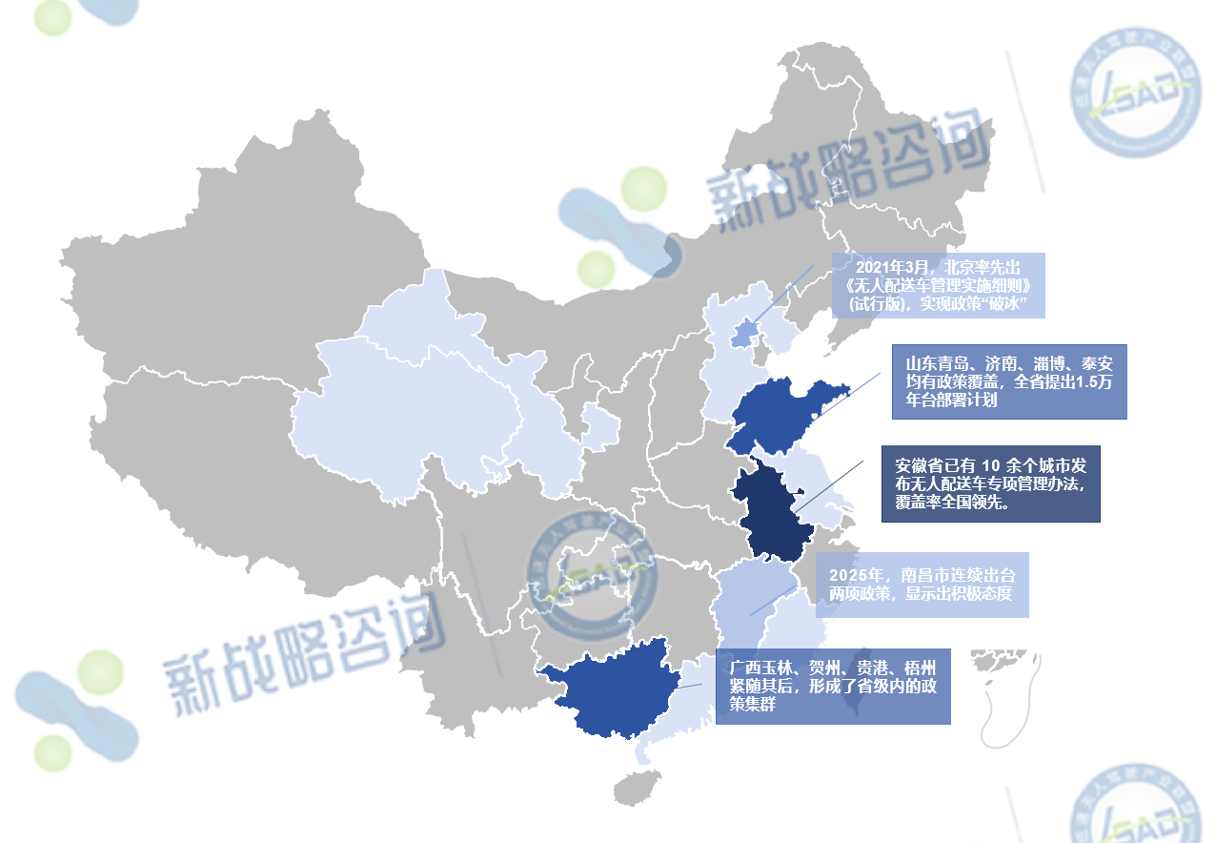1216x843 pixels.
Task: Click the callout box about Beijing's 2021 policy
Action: click(939, 285)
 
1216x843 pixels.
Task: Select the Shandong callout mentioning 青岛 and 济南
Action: click(1009, 381)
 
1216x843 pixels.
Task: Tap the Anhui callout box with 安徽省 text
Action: click(991, 483)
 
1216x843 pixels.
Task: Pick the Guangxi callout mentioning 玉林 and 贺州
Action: click(833, 687)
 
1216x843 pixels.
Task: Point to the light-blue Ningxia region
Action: click(598, 427)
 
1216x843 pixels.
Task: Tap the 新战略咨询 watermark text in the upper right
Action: click(848, 172)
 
